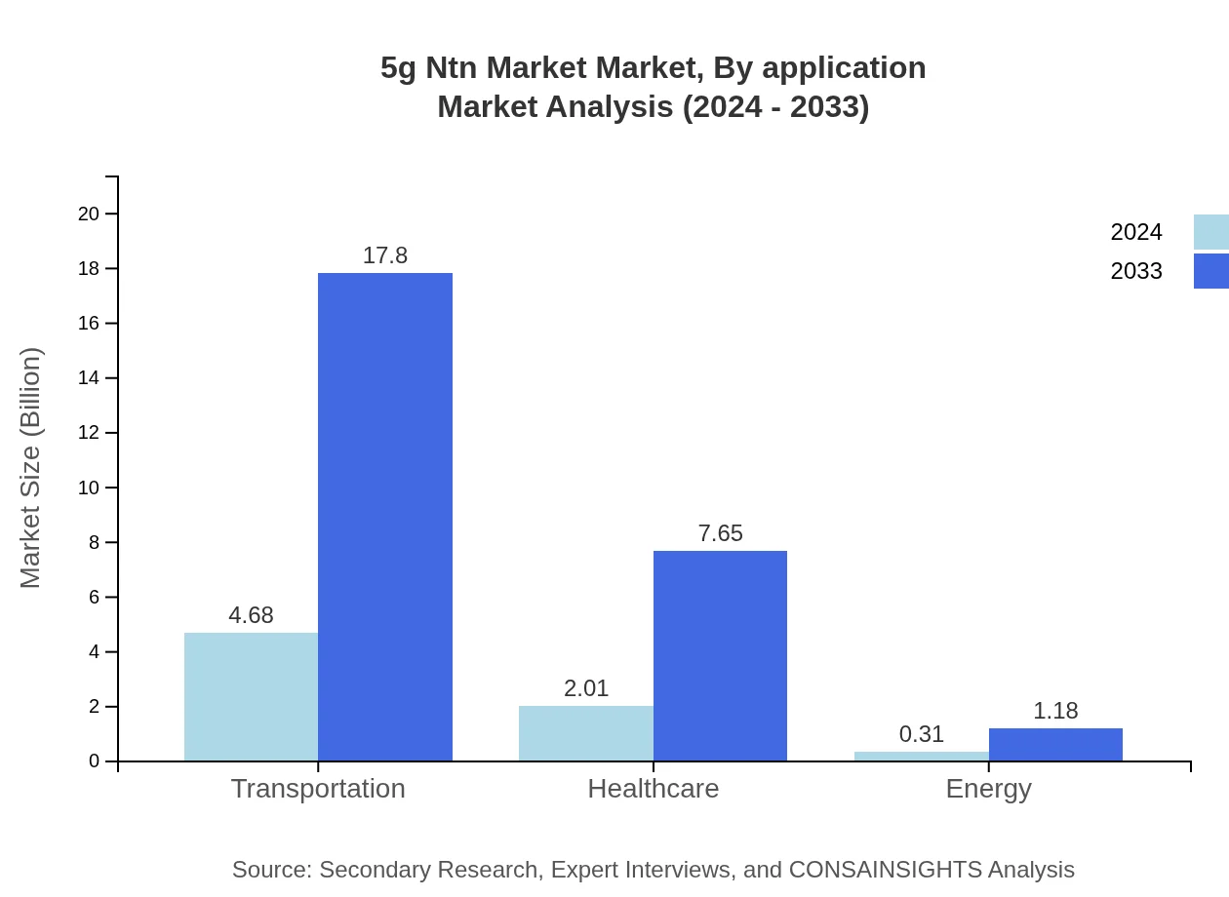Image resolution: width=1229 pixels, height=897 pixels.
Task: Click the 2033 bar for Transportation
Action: coord(385,517)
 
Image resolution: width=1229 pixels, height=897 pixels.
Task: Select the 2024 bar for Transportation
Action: coord(251,696)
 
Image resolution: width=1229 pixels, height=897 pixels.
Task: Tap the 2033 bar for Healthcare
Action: coord(720,655)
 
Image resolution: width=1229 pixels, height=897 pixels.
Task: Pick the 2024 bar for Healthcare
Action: coord(585,733)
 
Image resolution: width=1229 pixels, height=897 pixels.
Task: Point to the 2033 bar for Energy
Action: coord(1055,744)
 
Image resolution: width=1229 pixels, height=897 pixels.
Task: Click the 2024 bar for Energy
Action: coord(921,756)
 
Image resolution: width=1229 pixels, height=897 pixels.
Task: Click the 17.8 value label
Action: coord(385,255)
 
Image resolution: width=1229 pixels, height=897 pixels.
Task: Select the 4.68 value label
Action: coord(251,615)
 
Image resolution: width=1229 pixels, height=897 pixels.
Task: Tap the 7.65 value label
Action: coord(720,533)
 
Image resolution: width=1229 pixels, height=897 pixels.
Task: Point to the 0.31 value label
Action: coord(921,734)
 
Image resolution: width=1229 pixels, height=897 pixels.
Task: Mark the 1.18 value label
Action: coord(1055,711)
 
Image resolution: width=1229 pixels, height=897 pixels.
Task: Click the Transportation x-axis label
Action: coord(318,789)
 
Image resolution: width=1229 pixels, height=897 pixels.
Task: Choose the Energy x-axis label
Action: coord(988,789)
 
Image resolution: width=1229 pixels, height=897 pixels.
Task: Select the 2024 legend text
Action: coord(1136,232)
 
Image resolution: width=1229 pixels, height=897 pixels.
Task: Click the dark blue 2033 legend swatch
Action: coord(1210,271)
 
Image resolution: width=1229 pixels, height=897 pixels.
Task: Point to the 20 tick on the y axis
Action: coord(89,214)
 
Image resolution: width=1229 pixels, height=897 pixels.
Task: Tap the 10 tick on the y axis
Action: coord(89,487)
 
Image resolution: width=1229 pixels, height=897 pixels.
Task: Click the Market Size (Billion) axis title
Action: coord(30,468)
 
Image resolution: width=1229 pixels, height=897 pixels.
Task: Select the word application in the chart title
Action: coord(844,68)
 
